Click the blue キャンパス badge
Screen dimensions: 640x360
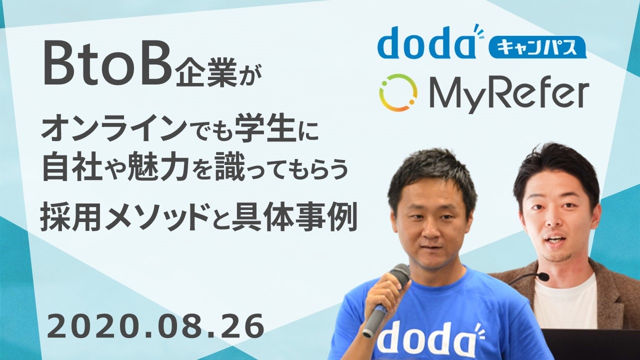point(537,47)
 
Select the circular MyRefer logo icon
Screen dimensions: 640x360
point(398,93)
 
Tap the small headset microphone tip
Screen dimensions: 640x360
point(544,276)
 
